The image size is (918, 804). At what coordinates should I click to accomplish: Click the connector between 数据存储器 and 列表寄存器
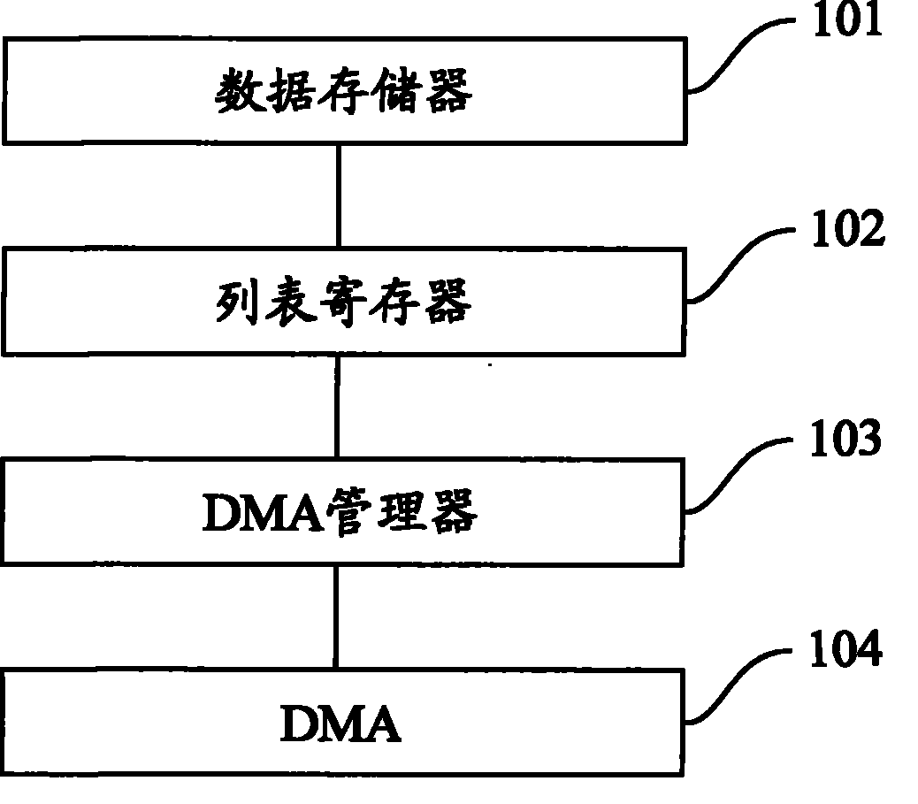[x=338, y=195]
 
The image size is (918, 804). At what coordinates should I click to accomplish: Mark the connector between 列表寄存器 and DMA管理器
[x=337, y=406]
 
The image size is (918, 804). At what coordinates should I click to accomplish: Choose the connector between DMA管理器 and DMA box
[x=335, y=616]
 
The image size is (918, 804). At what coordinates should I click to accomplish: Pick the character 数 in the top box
[x=235, y=92]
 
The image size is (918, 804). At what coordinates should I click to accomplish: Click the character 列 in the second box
[x=235, y=303]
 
